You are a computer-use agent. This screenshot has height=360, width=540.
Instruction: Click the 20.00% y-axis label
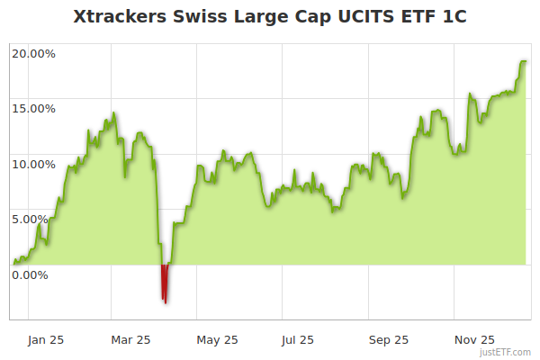point(33,53)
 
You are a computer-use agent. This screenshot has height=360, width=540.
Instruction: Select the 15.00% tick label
point(33,108)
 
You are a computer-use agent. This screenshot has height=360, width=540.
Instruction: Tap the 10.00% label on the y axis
point(33,164)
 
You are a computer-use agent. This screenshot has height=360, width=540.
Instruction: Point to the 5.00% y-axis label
point(36,219)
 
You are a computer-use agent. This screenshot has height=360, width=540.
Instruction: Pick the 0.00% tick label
point(36,274)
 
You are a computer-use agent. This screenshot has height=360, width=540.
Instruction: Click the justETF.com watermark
point(506,352)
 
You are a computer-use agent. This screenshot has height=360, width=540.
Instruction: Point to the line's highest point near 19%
point(522,61)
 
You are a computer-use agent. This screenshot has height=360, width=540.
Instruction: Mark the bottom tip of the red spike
point(166,302)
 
